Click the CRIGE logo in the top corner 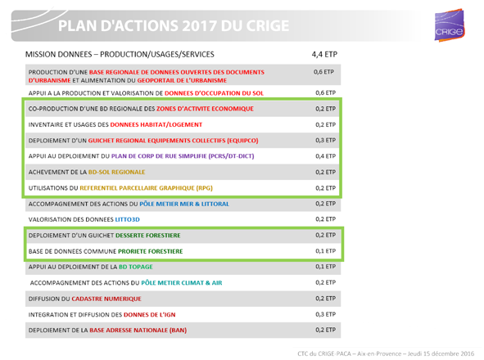(x=450, y=25)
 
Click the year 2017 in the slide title (x=199, y=26)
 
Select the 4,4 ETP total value (x=324, y=55)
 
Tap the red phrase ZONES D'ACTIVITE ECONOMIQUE (x=205, y=109)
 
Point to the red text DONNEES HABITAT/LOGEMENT (x=156, y=125)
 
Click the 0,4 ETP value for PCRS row (x=325, y=156)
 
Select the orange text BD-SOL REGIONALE (x=116, y=172)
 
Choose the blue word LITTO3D (x=127, y=219)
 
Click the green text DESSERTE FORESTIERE (x=148, y=236)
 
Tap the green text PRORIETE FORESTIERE (x=151, y=251)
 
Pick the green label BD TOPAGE (x=136, y=267)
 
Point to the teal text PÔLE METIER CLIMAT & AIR (x=182, y=283)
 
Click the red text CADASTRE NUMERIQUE (x=106, y=299)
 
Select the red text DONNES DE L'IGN (x=149, y=315)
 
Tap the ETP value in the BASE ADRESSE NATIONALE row (x=325, y=330)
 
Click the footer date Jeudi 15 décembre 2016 (x=441, y=353)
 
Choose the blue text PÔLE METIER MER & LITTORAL (x=184, y=205)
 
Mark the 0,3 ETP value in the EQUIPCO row (x=325, y=141)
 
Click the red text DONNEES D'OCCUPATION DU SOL (x=214, y=93)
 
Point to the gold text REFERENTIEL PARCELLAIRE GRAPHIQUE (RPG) (x=146, y=188)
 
